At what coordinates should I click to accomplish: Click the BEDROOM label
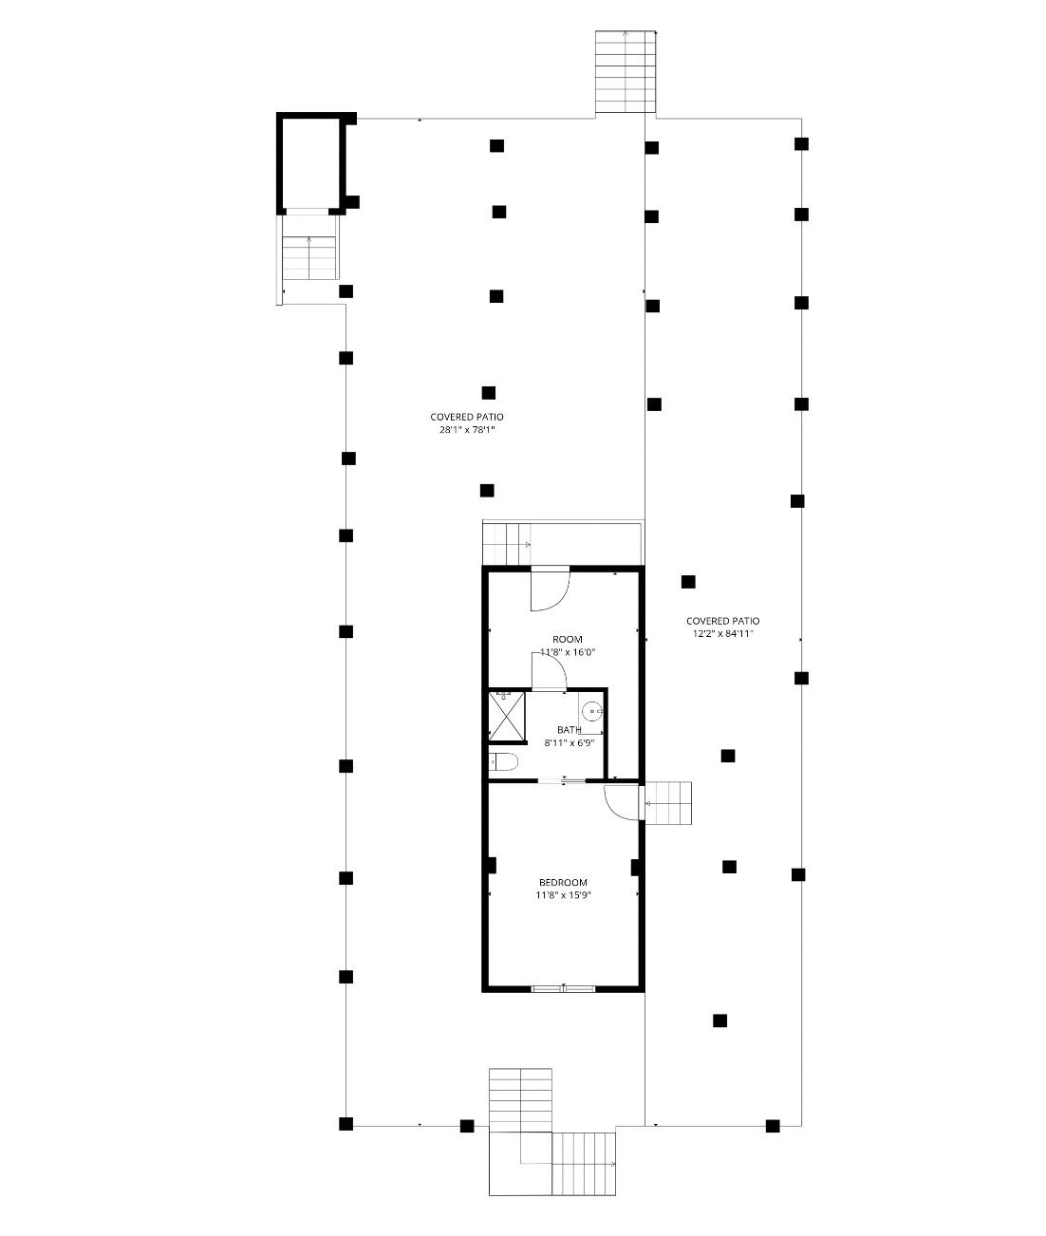click(563, 882)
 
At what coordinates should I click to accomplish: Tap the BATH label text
click(569, 729)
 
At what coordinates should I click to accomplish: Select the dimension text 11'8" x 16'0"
click(568, 652)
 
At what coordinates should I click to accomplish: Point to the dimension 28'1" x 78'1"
click(467, 429)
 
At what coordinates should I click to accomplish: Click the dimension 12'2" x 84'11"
click(722, 634)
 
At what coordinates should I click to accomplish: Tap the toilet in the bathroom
click(503, 762)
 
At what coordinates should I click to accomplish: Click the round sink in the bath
click(592, 712)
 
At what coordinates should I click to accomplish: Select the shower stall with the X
click(507, 717)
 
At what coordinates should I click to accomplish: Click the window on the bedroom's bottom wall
click(564, 988)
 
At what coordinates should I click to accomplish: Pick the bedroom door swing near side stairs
click(622, 802)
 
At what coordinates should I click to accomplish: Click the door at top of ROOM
click(550, 590)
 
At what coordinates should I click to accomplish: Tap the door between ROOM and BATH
click(549, 672)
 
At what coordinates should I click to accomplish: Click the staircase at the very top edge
click(626, 72)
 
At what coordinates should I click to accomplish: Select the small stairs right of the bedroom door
click(667, 803)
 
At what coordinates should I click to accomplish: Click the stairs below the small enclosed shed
click(308, 258)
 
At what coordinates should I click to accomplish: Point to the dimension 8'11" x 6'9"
click(569, 742)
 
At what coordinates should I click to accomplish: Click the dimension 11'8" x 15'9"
click(564, 895)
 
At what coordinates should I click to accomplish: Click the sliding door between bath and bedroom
click(562, 781)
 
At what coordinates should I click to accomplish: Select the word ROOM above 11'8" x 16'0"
click(568, 639)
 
